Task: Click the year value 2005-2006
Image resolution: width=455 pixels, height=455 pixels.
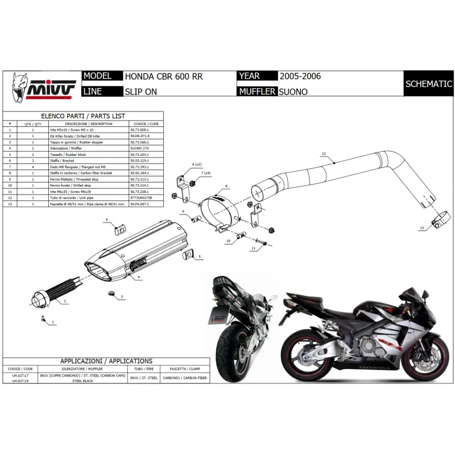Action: coord(296,76)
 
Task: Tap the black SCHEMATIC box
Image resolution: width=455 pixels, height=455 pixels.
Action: coord(428,84)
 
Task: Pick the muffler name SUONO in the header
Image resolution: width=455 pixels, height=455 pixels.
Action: coord(293,91)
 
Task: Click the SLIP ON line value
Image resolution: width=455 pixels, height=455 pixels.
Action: coord(142,91)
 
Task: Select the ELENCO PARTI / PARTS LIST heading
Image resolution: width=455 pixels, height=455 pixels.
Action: coord(83,115)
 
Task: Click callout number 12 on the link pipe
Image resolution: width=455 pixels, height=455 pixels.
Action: coord(323,154)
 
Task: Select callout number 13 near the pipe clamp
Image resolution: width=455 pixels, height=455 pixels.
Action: coord(421,227)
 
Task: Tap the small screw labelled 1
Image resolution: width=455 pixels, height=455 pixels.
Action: coord(45,320)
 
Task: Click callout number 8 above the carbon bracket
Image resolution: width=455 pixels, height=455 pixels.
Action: coord(226,187)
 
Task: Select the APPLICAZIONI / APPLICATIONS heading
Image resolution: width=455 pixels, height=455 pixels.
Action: coord(106,361)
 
